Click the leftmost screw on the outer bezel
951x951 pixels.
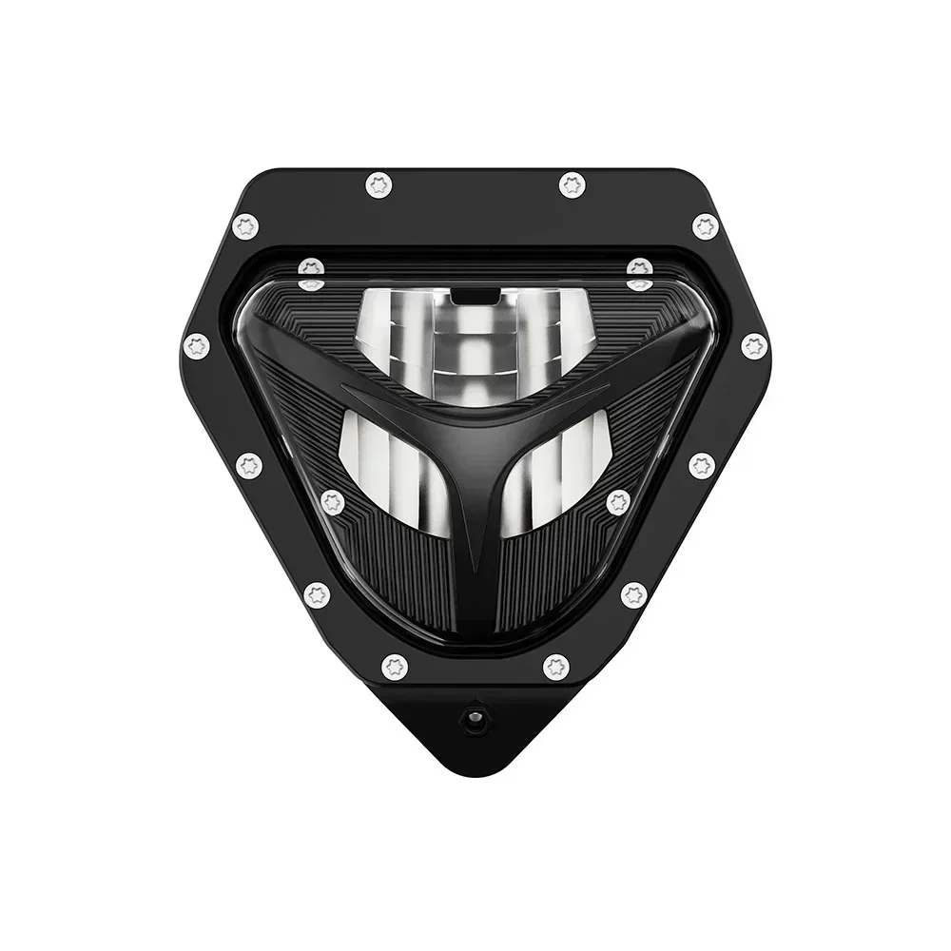[197, 345]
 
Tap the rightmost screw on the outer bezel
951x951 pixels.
[754, 345]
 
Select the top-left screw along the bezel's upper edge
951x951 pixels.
[379, 184]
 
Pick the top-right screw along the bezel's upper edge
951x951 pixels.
[572, 184]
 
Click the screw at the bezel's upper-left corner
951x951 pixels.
[245, 226]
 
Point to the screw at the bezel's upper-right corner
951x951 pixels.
[705, 226]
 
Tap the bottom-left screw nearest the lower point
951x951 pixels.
[395, 667]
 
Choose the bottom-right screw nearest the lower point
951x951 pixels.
[556, 667]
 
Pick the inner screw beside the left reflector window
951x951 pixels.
[333, 502]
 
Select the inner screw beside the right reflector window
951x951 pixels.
[618, 502]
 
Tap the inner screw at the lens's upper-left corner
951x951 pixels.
[311, 269]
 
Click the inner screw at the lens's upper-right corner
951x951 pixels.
[640, 269]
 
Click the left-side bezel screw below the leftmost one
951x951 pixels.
[249, 465]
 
